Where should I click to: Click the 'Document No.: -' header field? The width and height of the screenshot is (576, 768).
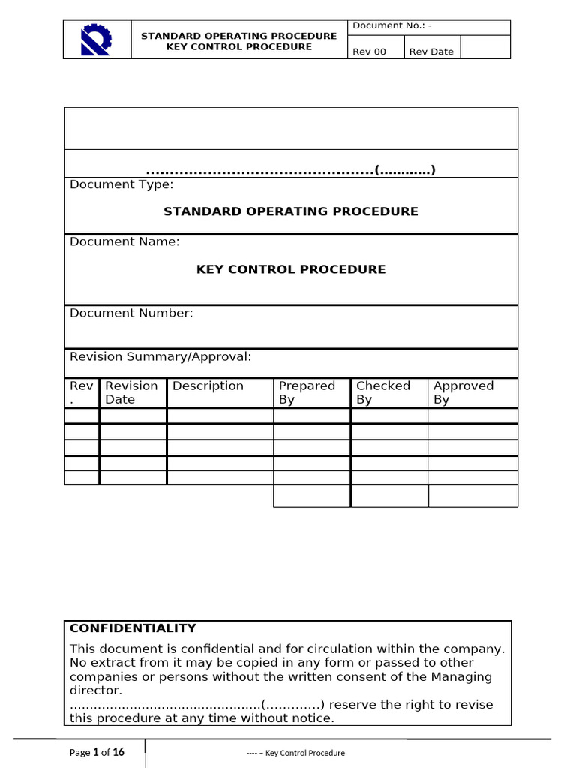(x=392, y=25)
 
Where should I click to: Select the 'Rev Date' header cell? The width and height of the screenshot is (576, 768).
(x=431, y=52)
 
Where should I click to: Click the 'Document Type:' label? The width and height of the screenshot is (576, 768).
(x=121, y=184)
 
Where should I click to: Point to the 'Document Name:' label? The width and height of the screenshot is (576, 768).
(x=124, y=241)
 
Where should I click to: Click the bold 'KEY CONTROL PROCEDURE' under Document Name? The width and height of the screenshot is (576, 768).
(x=291, y=268)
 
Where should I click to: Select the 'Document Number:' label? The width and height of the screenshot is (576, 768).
(x=131, y=313)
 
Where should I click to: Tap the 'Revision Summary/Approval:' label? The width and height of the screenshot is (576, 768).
(x=160, y=356)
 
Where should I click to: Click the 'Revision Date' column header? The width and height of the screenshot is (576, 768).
(x=131, y=392)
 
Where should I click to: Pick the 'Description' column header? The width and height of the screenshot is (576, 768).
(x=208, y=385)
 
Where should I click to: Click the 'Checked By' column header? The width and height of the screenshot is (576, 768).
(x=382, y=392)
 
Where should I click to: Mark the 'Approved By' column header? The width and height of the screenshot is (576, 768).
(x=463, y=392)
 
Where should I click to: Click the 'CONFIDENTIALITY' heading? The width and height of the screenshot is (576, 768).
(x=133, y=628)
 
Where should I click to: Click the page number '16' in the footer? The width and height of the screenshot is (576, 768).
(x=118, y=752)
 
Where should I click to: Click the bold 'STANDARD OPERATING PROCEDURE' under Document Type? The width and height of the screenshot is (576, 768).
(x=291, y=211)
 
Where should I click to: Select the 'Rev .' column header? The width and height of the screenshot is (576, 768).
(x=81, y=392)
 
